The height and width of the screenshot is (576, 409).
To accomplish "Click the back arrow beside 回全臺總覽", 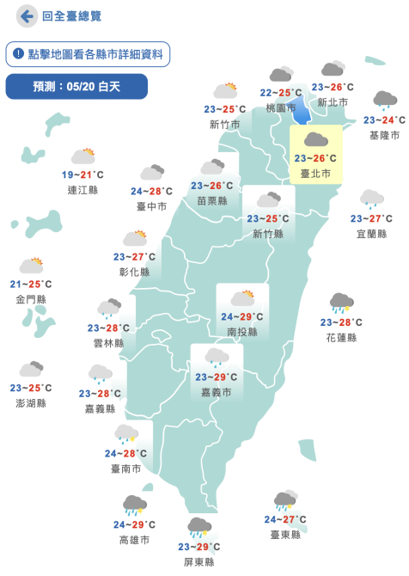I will click(27, 16).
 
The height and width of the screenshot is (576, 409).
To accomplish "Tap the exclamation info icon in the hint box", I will click(18, 54).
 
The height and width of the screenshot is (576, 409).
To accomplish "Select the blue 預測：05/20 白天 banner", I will click(76, 86).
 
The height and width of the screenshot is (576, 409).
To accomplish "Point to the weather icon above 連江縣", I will click(82, 156).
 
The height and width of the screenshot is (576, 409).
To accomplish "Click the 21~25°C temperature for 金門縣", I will click(31, 284).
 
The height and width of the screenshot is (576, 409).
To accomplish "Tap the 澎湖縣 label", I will click(31, 403).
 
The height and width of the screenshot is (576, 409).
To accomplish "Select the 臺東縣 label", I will click(285, 534).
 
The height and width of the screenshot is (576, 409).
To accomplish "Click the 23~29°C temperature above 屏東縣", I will click(200, 547).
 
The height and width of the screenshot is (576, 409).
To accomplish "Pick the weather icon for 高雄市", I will click(134, 505).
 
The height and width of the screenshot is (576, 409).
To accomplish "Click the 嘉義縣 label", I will click(101, 408).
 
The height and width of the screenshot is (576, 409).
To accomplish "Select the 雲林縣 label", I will click(108, 342).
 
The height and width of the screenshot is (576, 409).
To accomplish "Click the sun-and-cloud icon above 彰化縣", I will click(135, 238).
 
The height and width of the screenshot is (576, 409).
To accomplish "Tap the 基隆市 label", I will click(384, 135).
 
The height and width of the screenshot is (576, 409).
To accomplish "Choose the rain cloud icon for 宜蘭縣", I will click(371, 199).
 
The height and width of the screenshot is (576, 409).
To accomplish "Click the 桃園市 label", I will click(281, 107).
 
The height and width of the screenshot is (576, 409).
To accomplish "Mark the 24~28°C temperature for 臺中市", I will click(151, 191).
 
